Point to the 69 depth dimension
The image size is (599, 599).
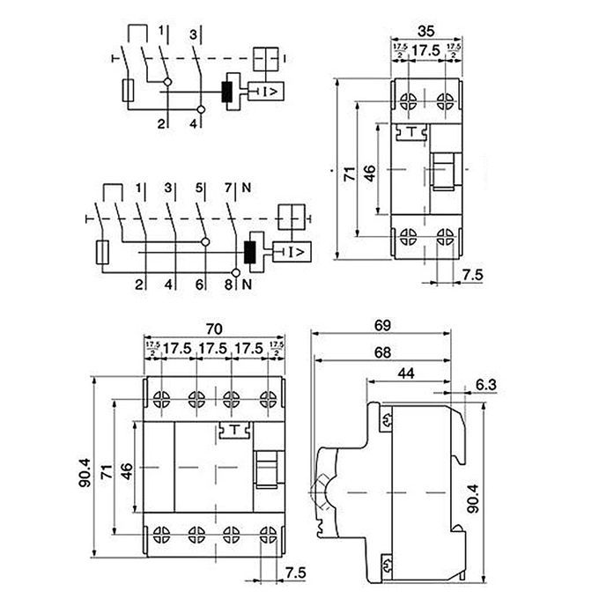coord(381,325)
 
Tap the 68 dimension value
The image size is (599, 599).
coord(381,353)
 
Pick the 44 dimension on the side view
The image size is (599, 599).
coord(406,374)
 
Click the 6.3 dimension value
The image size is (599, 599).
coord(484,385)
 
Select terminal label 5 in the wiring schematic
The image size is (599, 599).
coord(198,187)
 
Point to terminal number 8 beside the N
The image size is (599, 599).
coord(229,284)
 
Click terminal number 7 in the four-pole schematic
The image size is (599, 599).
coord(227,187)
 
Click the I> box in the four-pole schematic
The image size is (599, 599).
coord(294,253)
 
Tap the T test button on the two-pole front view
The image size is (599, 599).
coord(410,132)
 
